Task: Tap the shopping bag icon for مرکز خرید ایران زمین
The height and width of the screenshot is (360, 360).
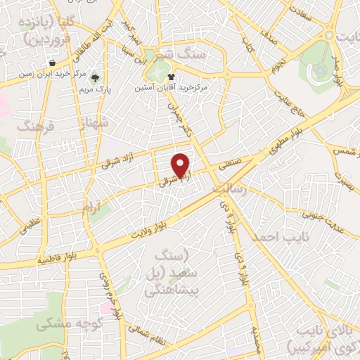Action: [x=53, y=63]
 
